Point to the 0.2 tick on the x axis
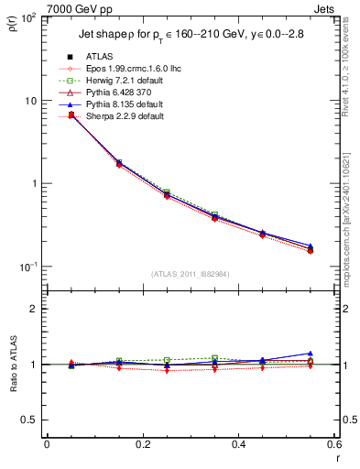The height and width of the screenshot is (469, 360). [x=142, y=446]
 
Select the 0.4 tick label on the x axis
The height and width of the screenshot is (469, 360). [x=238, y=446]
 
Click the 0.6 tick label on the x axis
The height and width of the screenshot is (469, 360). [x=333, y=446]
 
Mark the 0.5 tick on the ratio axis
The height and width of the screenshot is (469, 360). [x=32, y=420]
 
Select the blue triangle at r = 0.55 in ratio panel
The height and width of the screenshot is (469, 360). [x=311, y=353]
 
